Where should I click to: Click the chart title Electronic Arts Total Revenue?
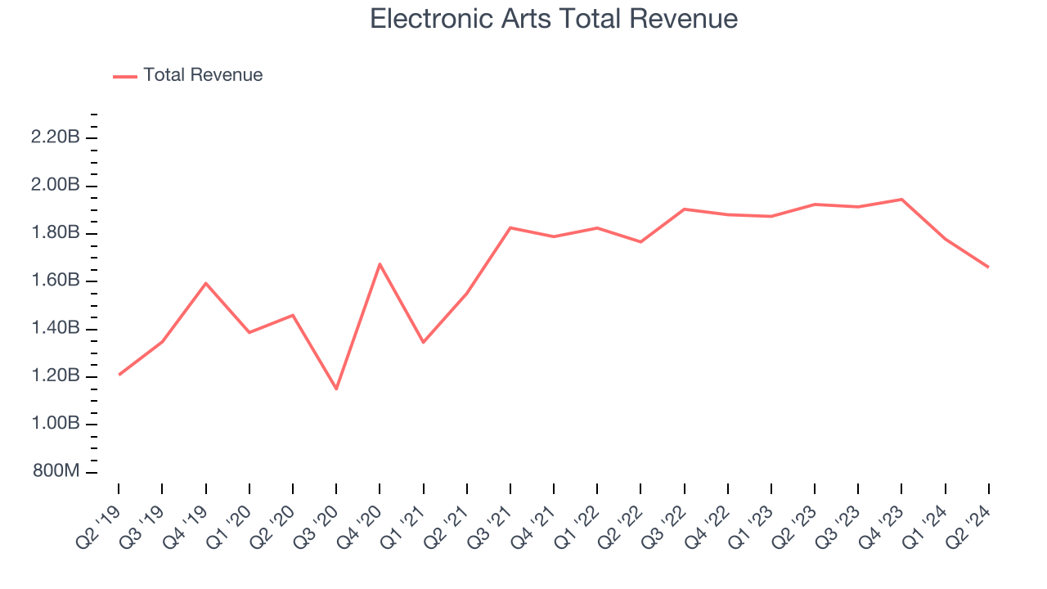pyautogui.click(x=554, y=19)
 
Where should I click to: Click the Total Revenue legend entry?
pyautogui.click(x=202, y=75)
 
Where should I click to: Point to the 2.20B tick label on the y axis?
pyautogui.click(x=55, y=137)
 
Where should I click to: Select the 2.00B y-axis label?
pyautogui.click(x=55, y=186)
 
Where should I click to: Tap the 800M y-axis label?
pyautogui.click(x=55, y=472)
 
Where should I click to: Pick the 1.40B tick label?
pyautogui.click(x=55, y=329)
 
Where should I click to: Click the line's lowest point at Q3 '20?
pyautogui.click(x=336, y=389)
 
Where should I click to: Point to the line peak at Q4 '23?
pyautogui.click(x=901, y=199)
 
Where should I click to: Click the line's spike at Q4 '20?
pyautogui.click(x=380, y=263)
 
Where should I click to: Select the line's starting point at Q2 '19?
pyautogui.click(x=119, y=375)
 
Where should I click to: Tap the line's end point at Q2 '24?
pyautogui.click(x=988, y=268)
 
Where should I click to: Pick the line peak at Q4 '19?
pyautogui.click(x=205, y=283)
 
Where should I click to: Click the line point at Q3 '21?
pyautogui.click(x=510, y=227)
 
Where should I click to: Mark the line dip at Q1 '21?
pyautogui.click(x=423, y=342)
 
